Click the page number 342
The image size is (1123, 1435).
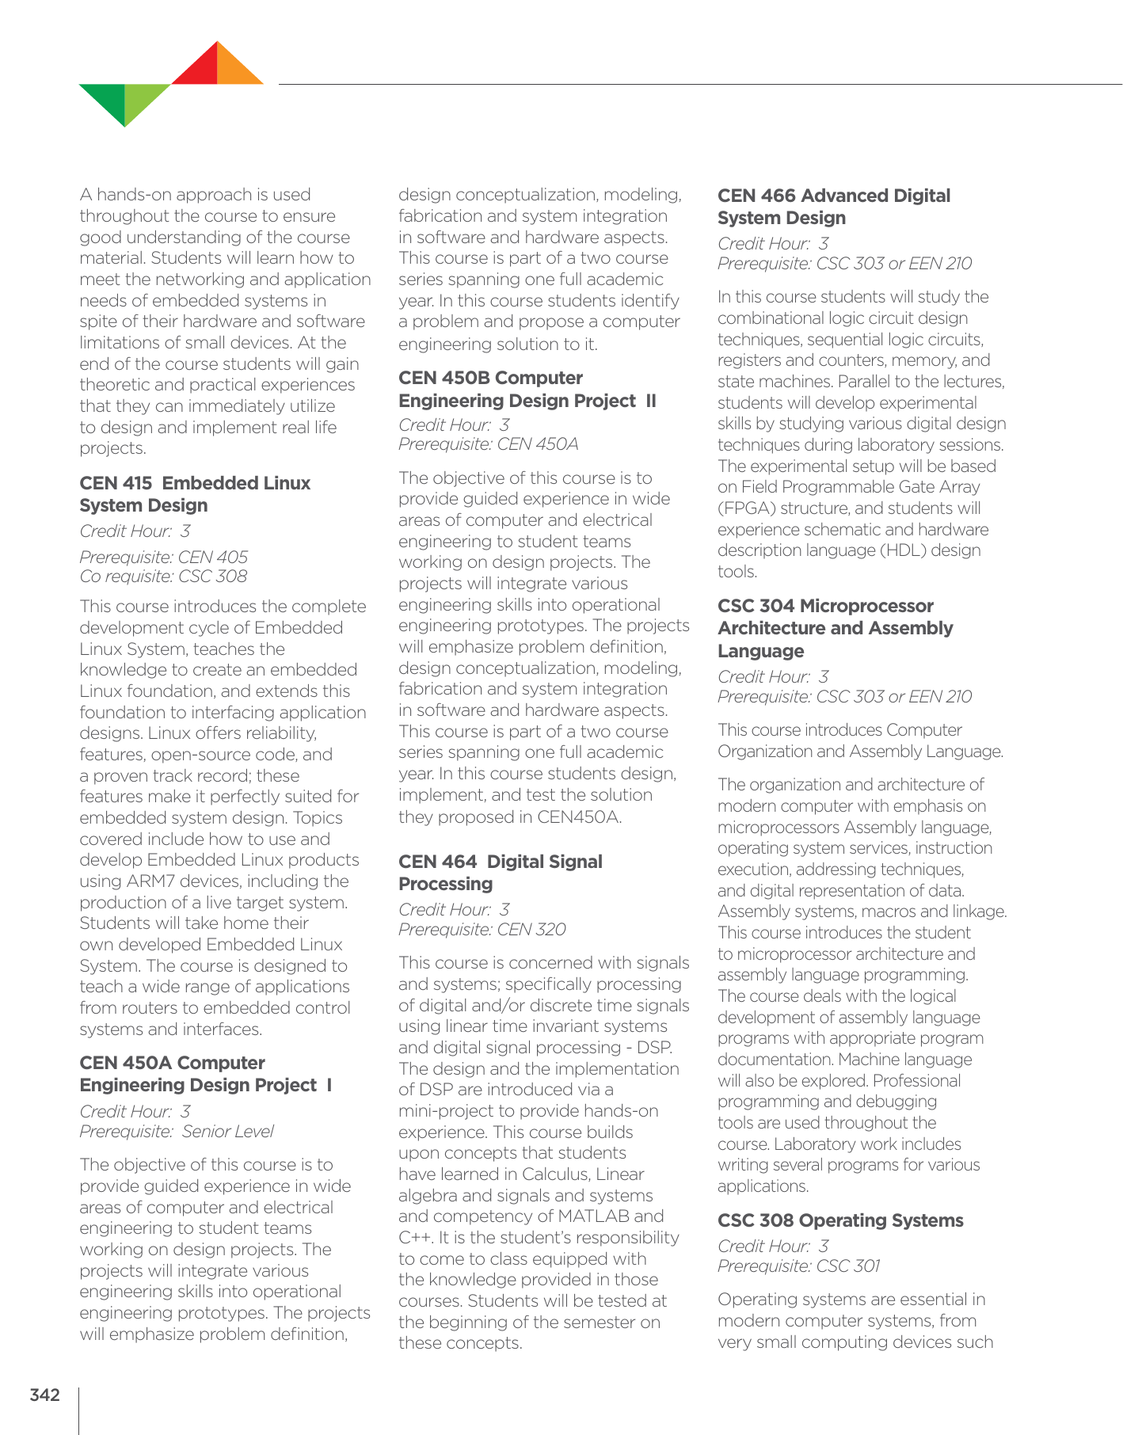tap(44, 1395)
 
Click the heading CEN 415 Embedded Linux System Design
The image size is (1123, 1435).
tap(195, 494)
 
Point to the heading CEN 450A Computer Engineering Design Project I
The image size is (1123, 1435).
tap(205, 1074)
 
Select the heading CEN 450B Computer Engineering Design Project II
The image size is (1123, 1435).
tap(527, 389)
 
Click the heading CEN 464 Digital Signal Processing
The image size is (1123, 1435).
tap(500, 873)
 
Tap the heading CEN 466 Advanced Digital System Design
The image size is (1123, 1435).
tap(833, 207)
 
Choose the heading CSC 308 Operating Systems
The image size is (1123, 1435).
tap(840, 1220)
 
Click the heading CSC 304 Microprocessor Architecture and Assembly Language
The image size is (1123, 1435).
tap(835, 628)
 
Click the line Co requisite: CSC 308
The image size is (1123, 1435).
tap(163, 577)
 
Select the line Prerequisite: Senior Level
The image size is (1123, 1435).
tap(177, 1132)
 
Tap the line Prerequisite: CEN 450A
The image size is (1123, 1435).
tap(488, 444)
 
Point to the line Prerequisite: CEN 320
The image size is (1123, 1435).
tap(482, 930)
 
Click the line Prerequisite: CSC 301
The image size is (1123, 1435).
tap(798, 1266)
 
